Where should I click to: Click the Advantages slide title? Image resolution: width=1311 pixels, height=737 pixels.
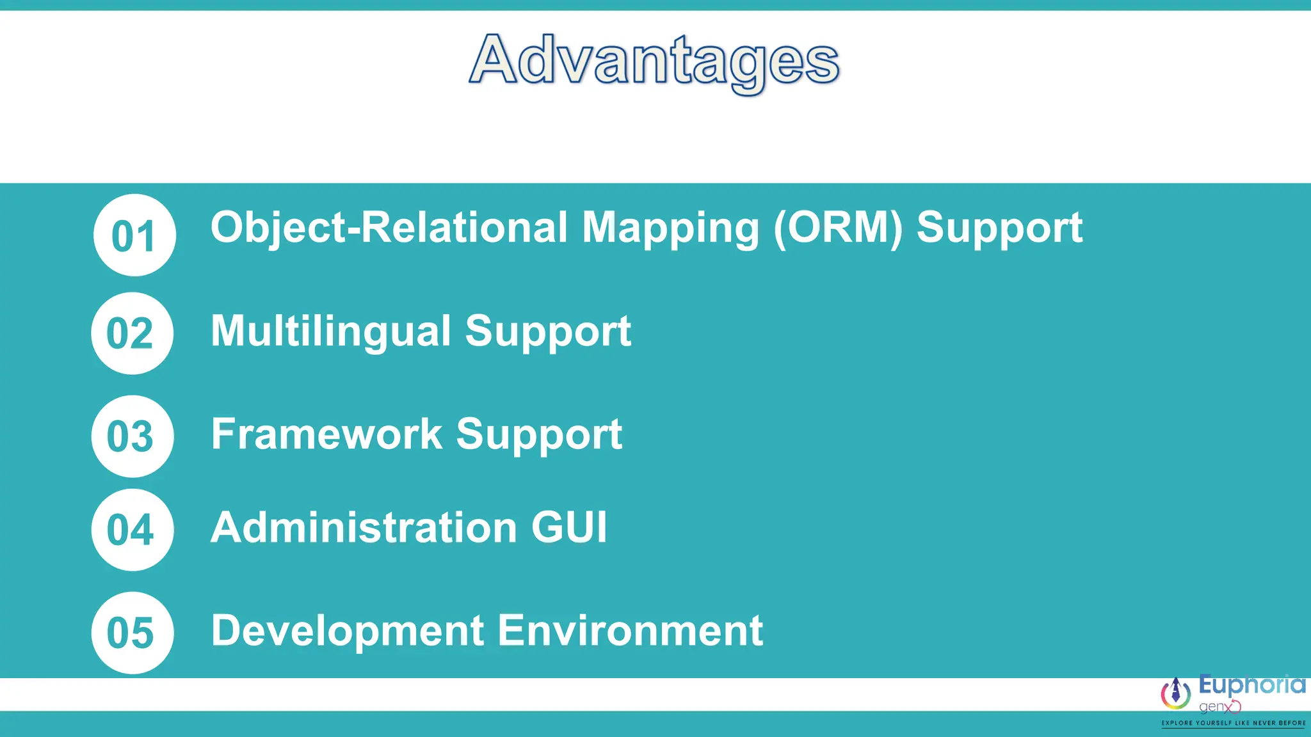(x=654, y=61)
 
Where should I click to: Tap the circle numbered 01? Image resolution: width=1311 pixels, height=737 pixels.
(x=134, y=235)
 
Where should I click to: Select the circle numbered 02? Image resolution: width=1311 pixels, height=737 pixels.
(x=132, y=333)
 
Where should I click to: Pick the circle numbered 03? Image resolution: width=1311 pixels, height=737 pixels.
(x=132, y=436)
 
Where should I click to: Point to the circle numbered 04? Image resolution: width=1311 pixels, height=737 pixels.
(x=132, y=530)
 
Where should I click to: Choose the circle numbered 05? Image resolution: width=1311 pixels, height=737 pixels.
(x=132, y=633)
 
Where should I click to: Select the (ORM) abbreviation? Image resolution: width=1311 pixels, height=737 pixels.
(x=838, y=228)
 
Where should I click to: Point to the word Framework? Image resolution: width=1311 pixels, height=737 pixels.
(x=326, y=434)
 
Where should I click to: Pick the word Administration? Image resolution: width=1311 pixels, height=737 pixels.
(x=364, y=528)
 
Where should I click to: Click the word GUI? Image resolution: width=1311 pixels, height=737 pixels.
(x=569, y=528)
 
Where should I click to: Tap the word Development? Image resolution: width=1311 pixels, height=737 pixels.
(x=348, y=631)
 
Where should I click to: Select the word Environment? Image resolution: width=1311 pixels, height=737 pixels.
(x=631, y=631)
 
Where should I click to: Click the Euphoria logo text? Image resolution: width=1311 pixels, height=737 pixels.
(x=1251, y=686)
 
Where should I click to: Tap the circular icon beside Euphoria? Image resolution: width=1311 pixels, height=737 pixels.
(x=1176, y=693)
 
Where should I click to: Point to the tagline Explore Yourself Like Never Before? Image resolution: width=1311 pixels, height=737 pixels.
(x=1234, y=723)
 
